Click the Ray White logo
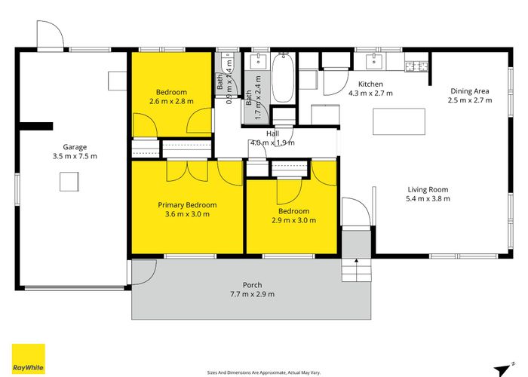pos(28,359)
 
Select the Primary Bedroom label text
pos(187,205)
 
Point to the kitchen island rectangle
pos(399,121)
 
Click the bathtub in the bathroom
pos(283,78)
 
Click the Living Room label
pos(428,189)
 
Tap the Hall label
pos(273,133)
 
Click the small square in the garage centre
pos(70,180)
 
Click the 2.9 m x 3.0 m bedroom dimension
pos(293,221)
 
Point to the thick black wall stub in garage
pos(35,125)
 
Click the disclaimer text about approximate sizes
pos(263,372)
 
